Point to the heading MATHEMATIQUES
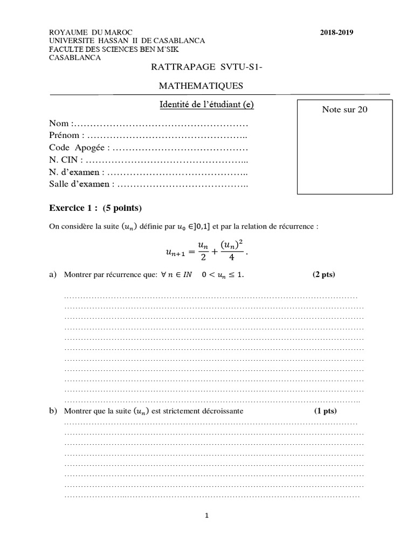(x=201, y=85)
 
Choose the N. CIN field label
(x=65, y=160)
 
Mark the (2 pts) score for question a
(x=323, y=274)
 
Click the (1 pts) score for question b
(x=325, y=411)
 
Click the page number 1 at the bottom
(x=206, y=515)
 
